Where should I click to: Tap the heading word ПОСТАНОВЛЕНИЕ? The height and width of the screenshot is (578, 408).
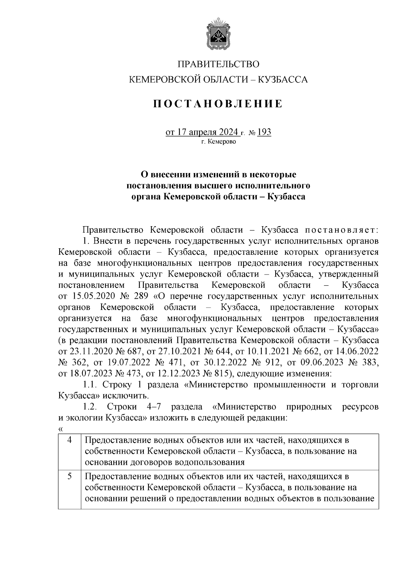(218, 104)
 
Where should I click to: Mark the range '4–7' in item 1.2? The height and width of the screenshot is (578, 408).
(155, 407)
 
